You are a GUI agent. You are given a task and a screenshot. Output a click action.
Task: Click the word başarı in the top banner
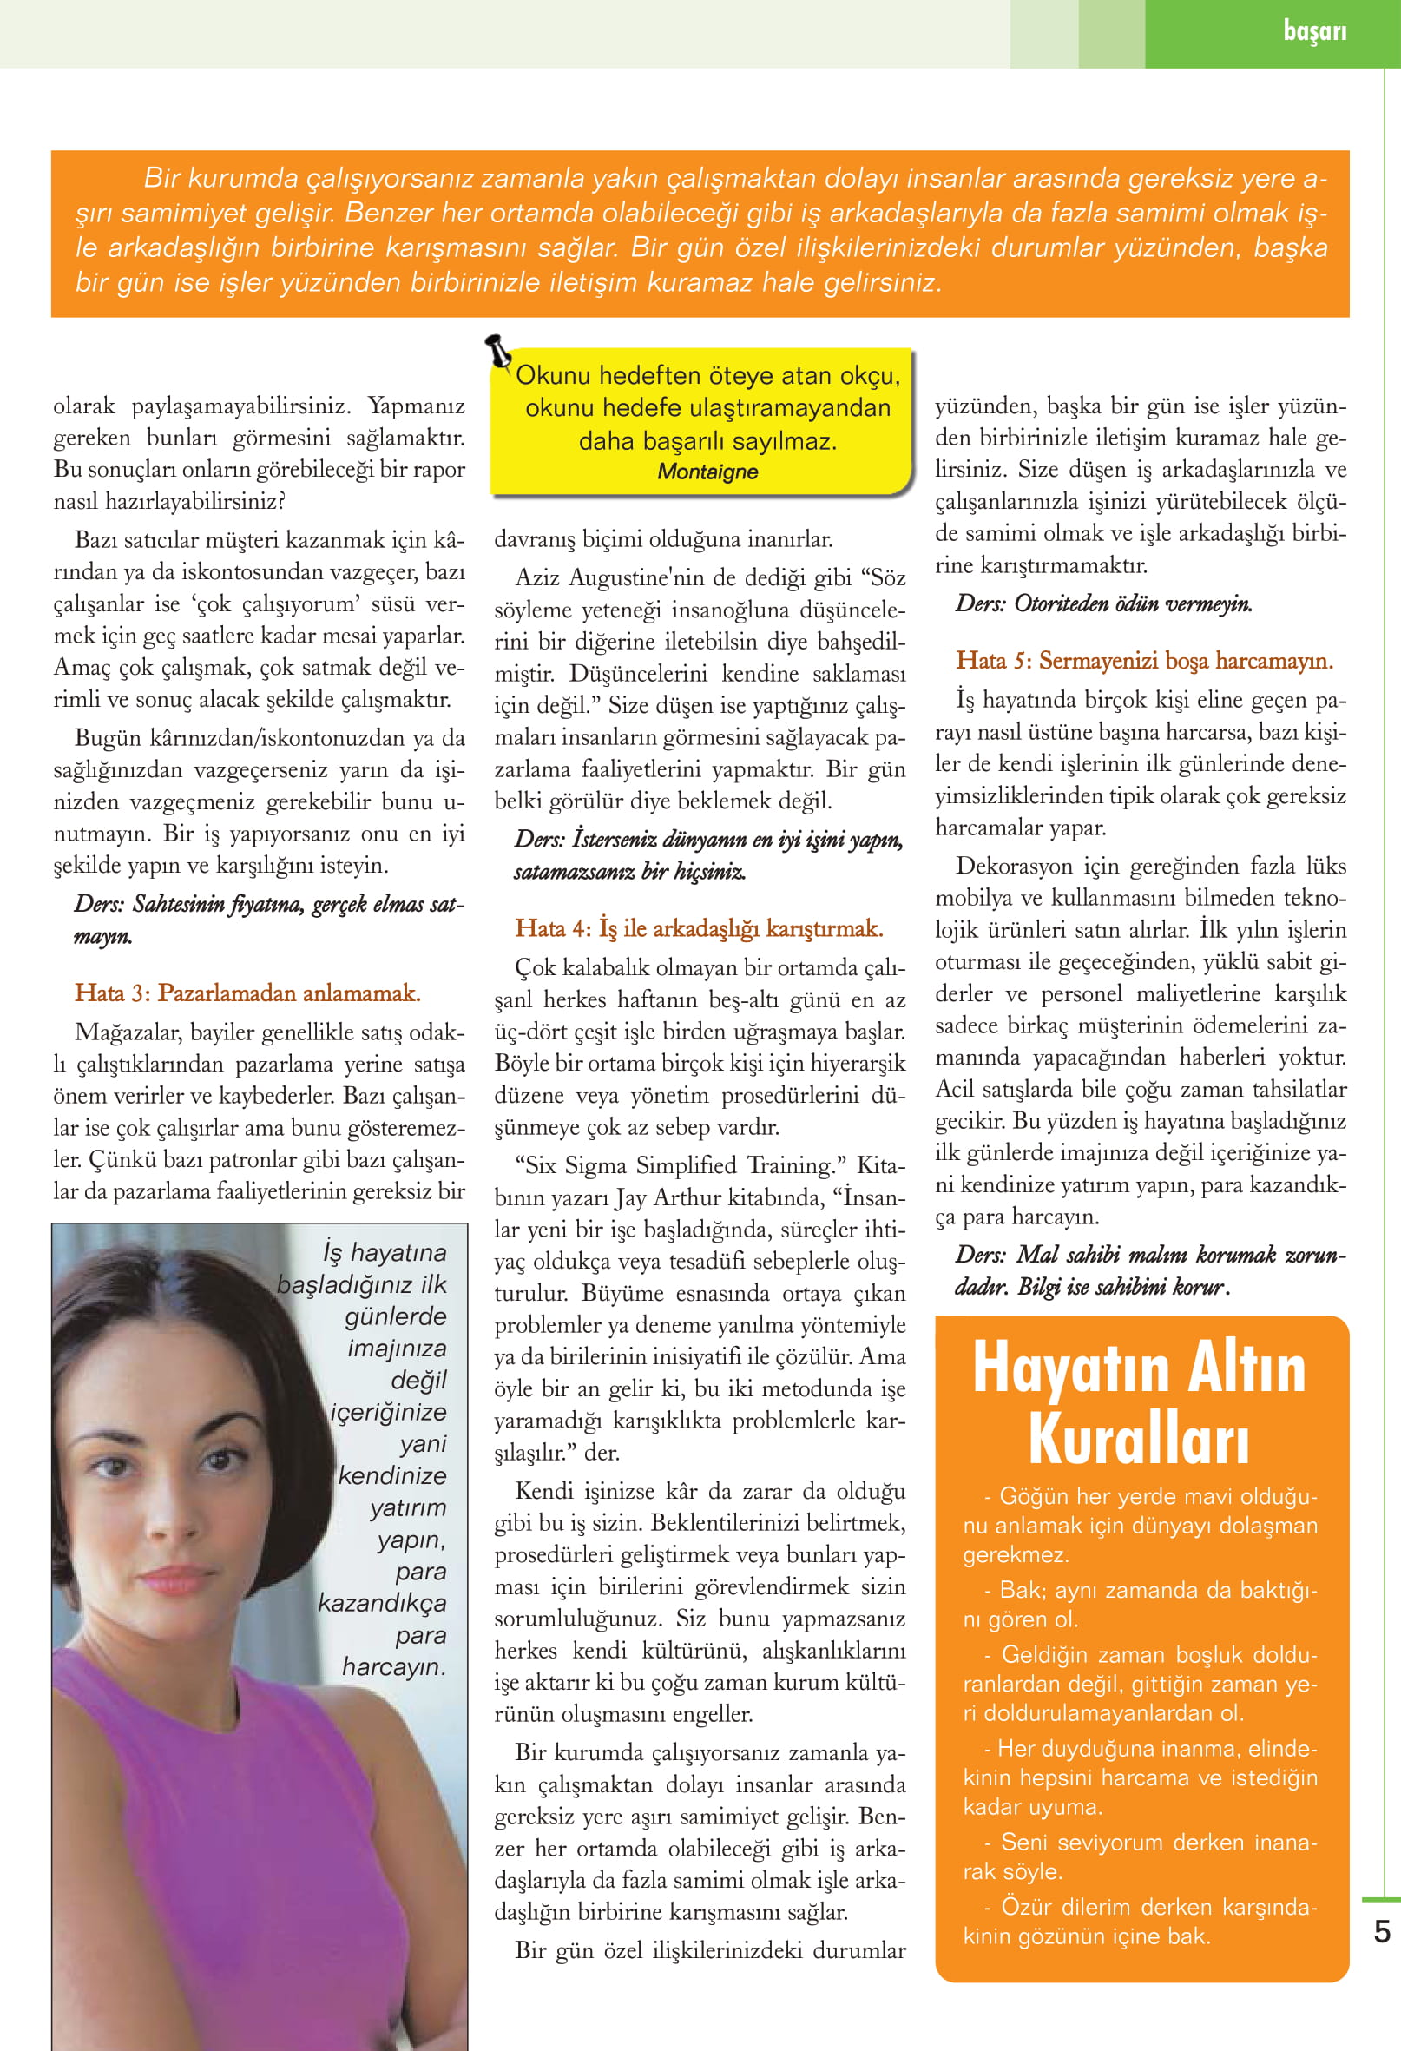[1314, 32]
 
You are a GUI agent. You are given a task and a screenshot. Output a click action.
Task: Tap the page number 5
[1382, 1932]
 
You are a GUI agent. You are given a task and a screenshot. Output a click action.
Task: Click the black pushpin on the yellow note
[498, 350]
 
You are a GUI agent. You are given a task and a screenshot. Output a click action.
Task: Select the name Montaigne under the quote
[707, 472]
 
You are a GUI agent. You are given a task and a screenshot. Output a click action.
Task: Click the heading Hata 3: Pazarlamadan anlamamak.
[247, 993]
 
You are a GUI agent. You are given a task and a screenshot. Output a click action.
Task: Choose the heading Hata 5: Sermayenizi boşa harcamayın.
[1144, 661]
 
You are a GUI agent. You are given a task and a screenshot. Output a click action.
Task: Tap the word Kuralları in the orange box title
[1138, 1440]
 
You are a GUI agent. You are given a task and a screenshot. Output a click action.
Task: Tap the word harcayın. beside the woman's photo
[393, 1667]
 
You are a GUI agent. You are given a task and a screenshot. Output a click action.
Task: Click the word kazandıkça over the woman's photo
[382, 1603]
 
